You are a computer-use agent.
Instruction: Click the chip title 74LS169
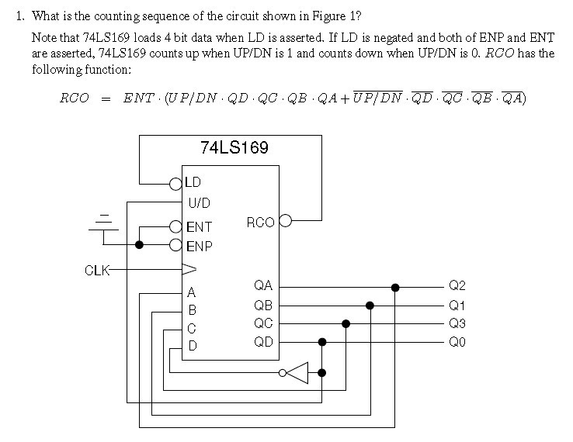[234, 147]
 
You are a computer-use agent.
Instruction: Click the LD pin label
[193, 183]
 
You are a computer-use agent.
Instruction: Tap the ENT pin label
[199, 227]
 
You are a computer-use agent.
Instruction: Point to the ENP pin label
[199, 246]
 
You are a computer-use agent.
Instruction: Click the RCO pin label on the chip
[259, 223]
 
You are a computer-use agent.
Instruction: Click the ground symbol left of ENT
[106, 221]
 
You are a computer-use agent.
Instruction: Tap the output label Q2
[457, 287]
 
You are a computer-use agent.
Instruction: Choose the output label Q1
[457, 306]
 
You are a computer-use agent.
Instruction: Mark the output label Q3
[457, 323]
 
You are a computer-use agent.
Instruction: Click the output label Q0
[457, 342]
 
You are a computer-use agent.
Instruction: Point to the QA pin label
[262, 286]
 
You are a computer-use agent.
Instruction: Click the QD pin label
[262, 341]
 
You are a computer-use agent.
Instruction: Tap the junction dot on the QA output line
[395, 287]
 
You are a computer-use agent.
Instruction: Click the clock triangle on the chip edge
[189, 270]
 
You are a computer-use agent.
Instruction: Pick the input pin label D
[192, 346]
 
